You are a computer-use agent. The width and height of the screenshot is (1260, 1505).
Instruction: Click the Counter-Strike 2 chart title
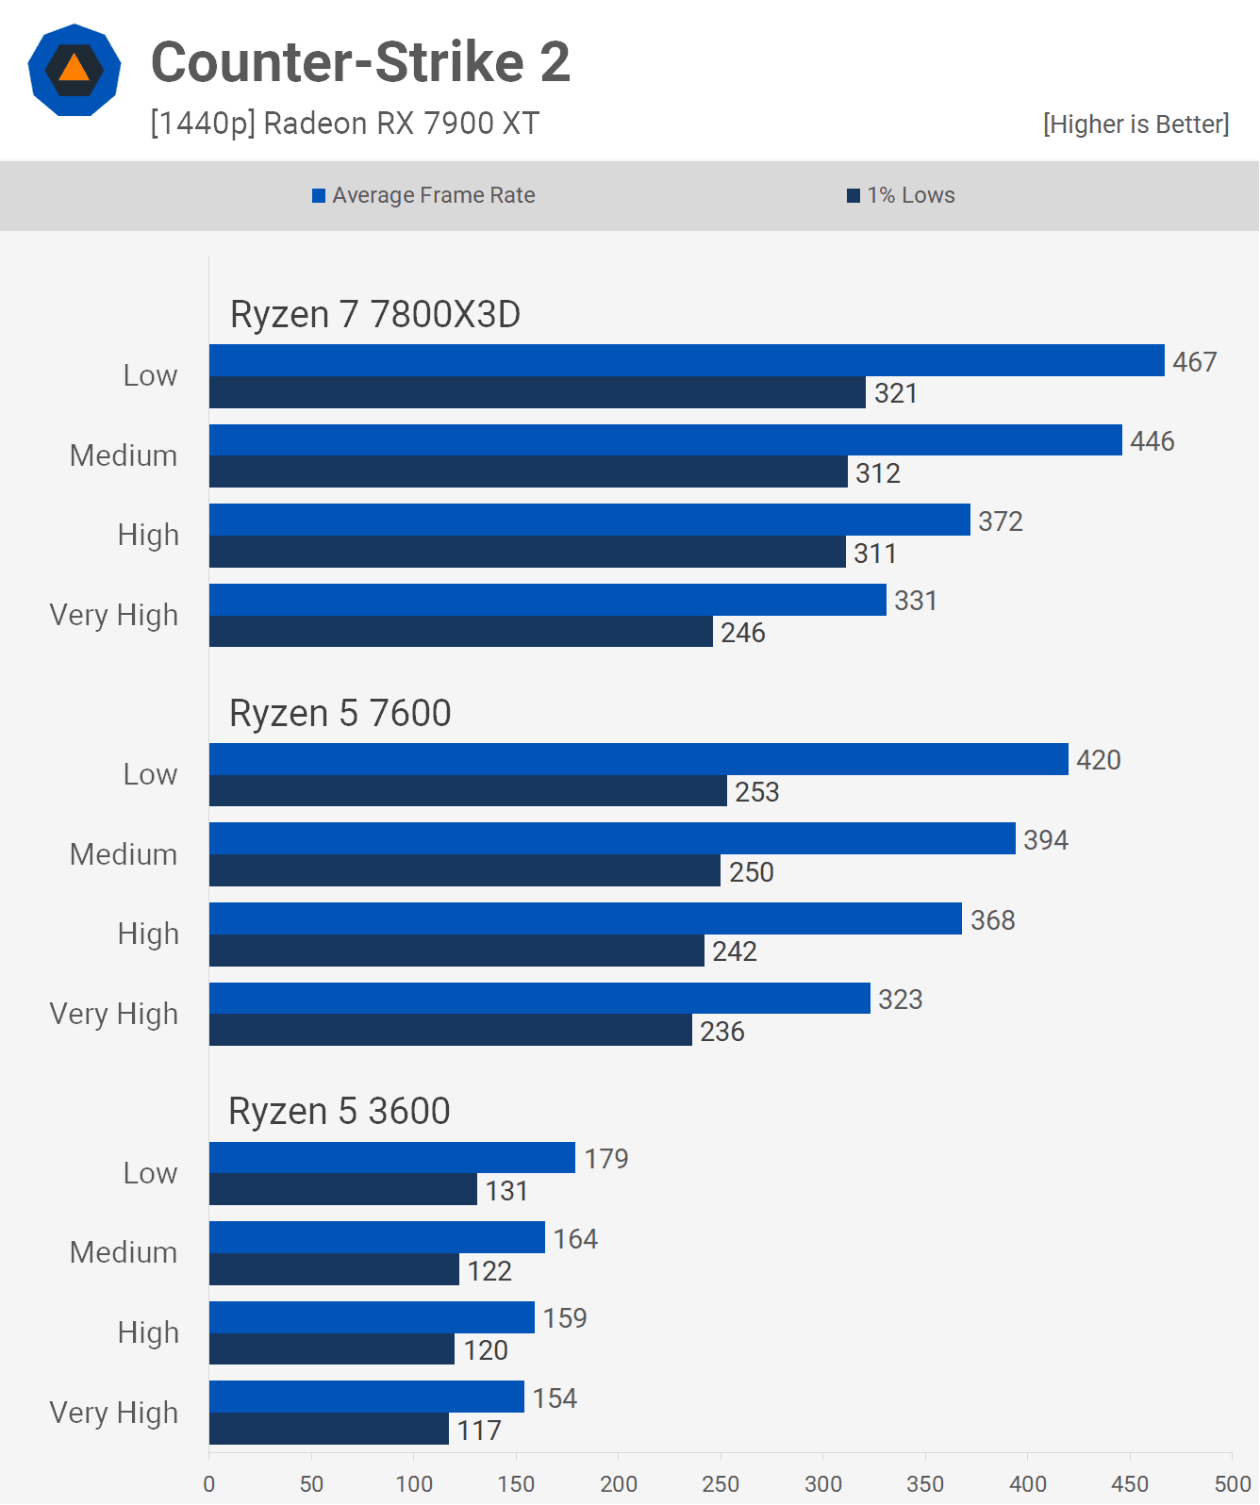click(x=360, y=62)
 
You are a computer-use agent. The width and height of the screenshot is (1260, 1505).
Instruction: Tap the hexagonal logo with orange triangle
click(x=75, y=70)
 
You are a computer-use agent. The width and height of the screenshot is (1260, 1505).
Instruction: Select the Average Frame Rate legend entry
click(x=423, y=195)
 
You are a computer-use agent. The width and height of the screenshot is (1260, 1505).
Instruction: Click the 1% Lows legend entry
click(x=901, y=195)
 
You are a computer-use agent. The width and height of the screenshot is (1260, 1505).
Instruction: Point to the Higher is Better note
click(x=1136, y=124)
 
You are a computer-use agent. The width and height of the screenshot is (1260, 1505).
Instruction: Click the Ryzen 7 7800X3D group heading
click(x=375, y=314)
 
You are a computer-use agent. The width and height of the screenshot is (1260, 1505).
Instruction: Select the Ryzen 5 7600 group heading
click(x=340, y=713)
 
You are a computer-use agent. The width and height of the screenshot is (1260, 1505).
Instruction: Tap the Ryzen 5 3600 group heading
click(x=340, y=1111)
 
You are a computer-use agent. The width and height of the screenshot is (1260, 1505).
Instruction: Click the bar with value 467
click(x=687, y=360)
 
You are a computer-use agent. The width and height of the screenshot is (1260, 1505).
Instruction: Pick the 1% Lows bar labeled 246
click(x=460, y=632)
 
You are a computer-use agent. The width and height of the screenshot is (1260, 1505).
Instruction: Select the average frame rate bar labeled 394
click(x=612, y=838)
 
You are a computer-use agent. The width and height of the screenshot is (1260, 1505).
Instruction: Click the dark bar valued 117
click(x=328, y=1429)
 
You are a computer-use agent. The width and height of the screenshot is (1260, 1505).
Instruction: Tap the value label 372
click(x=1001, y=521)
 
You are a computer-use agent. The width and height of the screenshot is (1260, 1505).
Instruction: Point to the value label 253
click(x=757, y=792)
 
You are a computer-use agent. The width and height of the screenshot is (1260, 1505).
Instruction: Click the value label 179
click(x=606, y=1158)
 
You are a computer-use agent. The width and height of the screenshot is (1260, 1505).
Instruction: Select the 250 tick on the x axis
click(x=721, y=1483)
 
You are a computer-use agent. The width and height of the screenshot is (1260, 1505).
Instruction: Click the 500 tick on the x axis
click(x=1232, y=1483)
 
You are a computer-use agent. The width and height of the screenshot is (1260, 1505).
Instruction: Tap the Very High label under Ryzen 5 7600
click(x=114, y=1014)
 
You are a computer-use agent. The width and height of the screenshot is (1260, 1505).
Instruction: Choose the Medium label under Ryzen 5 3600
click(x=124, y=1252)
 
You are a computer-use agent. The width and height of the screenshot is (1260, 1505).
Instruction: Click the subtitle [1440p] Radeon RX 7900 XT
click(x=345, y=124)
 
